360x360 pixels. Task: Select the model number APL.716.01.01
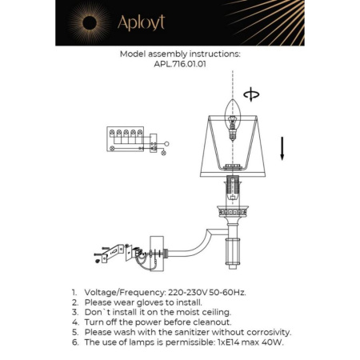[x=179, y=66]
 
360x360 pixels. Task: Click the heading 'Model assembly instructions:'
[x=179, y=55]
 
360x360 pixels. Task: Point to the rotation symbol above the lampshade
[x=254, y=95]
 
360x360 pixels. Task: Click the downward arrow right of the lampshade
[x=282, y=150]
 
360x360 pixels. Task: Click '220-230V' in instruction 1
[x=190, y=294]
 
